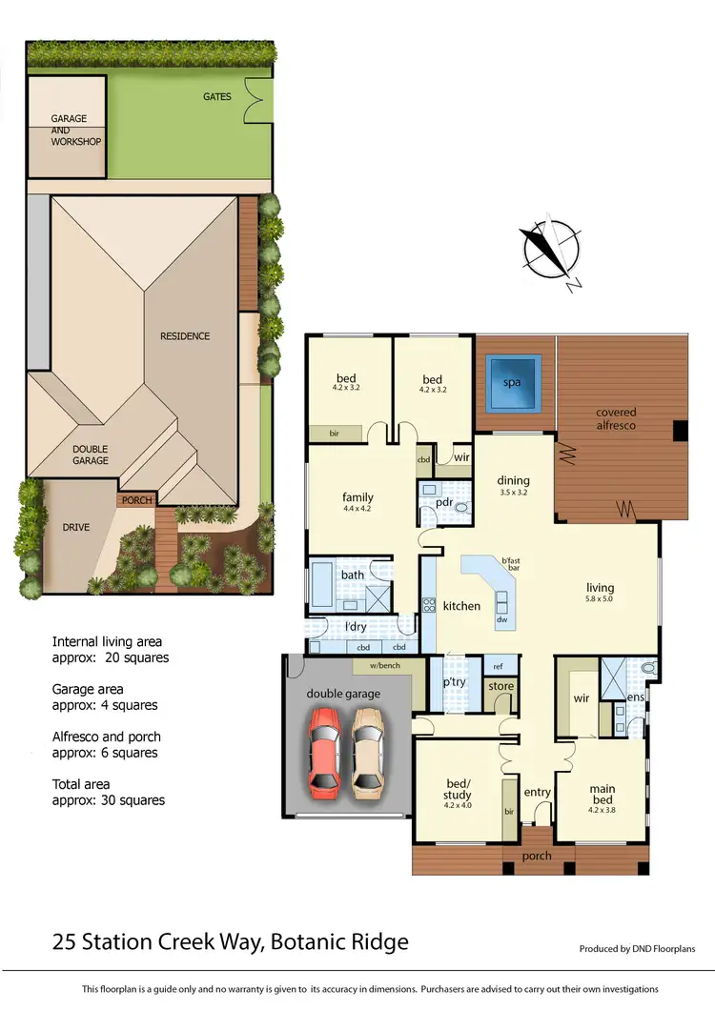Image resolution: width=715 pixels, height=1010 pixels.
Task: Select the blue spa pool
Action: pos(514,383)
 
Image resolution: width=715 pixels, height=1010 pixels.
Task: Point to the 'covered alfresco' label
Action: pos(616,418)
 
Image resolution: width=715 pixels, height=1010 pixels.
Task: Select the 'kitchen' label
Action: pos(461,606)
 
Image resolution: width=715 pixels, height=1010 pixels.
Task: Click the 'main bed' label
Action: pos(602,793)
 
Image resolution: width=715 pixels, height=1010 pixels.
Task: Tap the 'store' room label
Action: pos(500,686)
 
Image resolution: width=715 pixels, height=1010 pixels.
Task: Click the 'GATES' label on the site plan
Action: pos(216,96)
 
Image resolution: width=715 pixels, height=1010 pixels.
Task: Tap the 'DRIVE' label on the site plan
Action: pos(76,526)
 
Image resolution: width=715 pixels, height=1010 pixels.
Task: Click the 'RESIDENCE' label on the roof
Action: pos(185,335)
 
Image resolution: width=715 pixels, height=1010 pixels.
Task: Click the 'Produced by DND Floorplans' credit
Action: pos(637,948)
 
